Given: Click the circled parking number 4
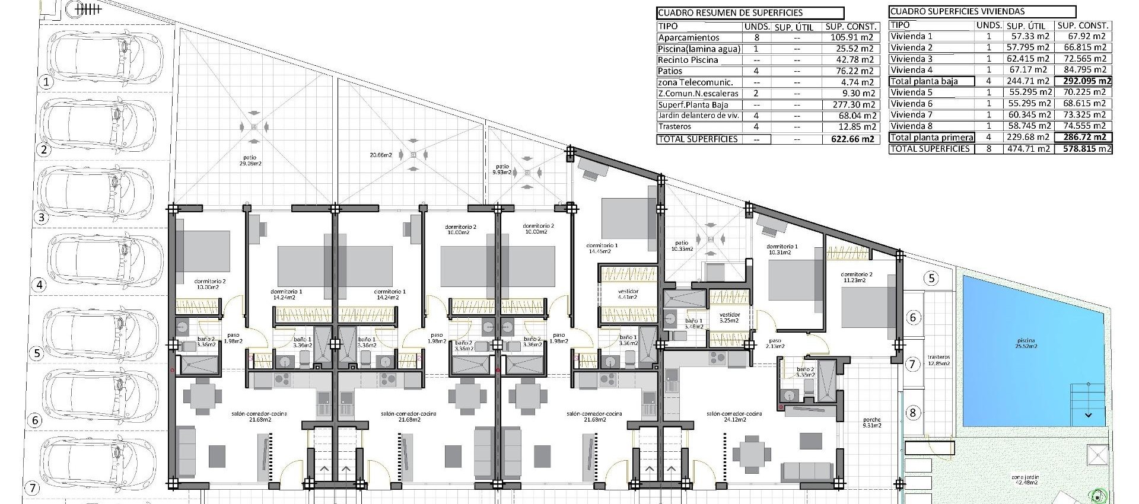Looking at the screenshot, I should coord(40,285).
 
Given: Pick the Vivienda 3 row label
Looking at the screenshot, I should coord(912,59).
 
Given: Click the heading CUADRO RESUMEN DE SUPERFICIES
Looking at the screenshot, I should coord(730,12).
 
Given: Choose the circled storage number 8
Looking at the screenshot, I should coord(912,413).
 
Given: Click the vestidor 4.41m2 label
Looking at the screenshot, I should coord(628,294).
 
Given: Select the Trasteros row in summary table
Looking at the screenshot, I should coord(673,127).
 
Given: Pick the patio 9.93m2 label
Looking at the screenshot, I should coord(502,170).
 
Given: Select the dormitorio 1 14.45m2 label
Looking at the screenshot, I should coord(602,248).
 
